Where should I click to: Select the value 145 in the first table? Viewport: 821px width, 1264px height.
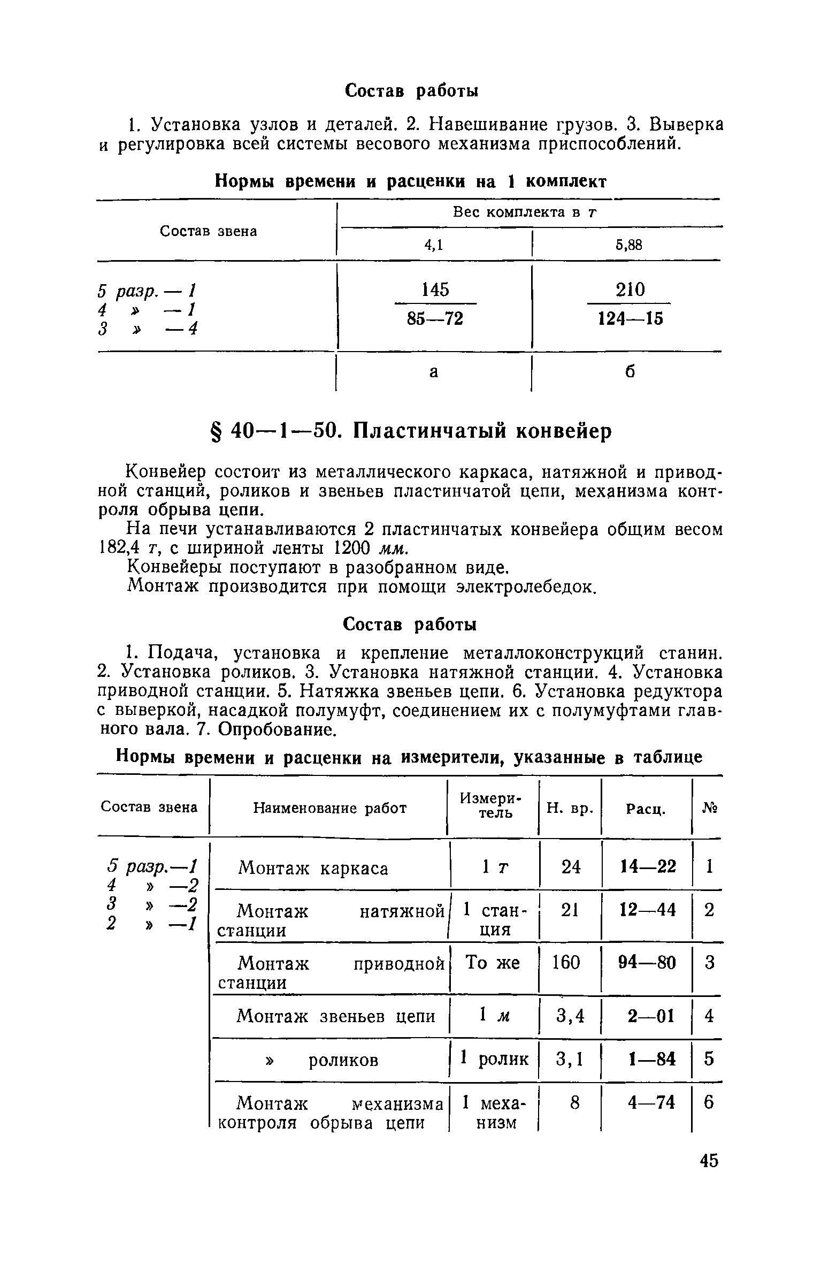[435, 290]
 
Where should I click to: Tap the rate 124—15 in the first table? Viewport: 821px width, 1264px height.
[630, 319]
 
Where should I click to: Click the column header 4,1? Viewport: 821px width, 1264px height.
[434, 245]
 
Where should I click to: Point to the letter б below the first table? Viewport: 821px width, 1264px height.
[630, 371]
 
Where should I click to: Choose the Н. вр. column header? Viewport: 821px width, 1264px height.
[570, 808]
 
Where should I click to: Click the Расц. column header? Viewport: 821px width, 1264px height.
[646, 809]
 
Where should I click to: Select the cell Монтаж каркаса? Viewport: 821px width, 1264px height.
[313, 868]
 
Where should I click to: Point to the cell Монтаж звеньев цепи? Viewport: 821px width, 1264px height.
[335, 1016]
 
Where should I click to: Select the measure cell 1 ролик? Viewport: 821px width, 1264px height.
[494, 1059]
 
